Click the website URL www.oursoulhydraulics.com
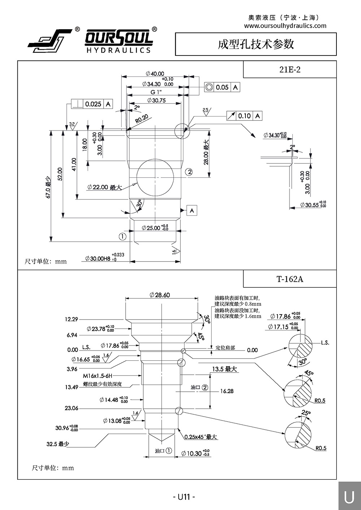tap(285, 26)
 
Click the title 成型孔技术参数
tap(256, 44)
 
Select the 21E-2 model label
tap(290, 69)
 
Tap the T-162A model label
tap(290, 279)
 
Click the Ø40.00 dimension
tap(155, 74)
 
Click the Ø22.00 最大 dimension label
tap(104, 187)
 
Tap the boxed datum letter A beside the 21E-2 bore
tap(192, 210)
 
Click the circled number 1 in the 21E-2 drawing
tap(122, 237)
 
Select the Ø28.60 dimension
tap(160, 295)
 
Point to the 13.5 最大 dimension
tap(224, 369)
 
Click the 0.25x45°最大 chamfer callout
tap(200, 437)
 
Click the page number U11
tap(184, 497)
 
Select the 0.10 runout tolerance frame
tap(244, 116)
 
